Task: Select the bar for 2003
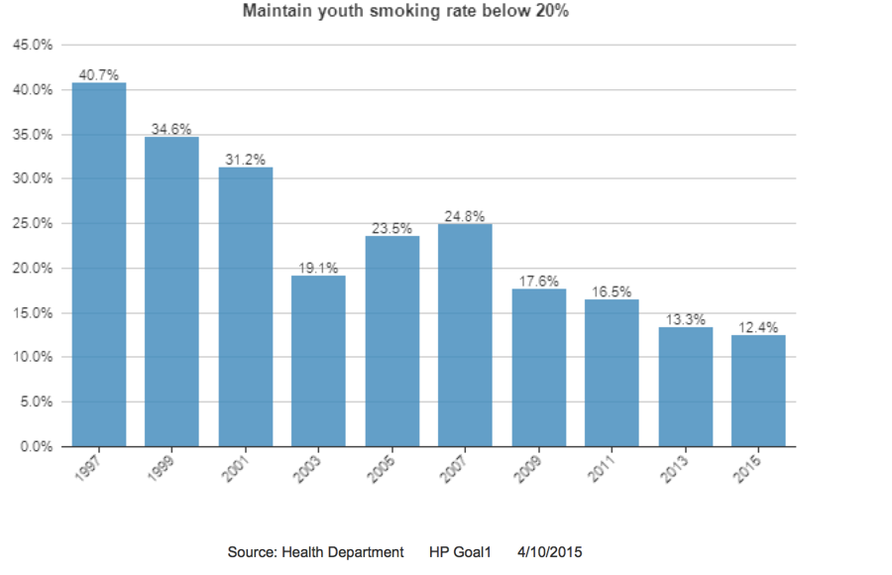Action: pos(318,361)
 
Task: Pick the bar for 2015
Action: pos(758,391)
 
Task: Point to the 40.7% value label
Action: pos(99,74)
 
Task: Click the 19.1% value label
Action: pos(318,268)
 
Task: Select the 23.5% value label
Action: pos(391,228)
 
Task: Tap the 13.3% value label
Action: pos(685,319)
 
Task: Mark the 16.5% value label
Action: pos(612,291)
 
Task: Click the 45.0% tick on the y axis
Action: pos(31,45)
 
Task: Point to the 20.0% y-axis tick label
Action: pos(31,268)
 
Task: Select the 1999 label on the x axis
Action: pos(165,465)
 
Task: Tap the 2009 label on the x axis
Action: pos(531,465)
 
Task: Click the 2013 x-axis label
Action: pos(678,465)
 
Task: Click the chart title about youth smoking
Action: pos(406,12)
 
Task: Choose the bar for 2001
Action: pos(245,306)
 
